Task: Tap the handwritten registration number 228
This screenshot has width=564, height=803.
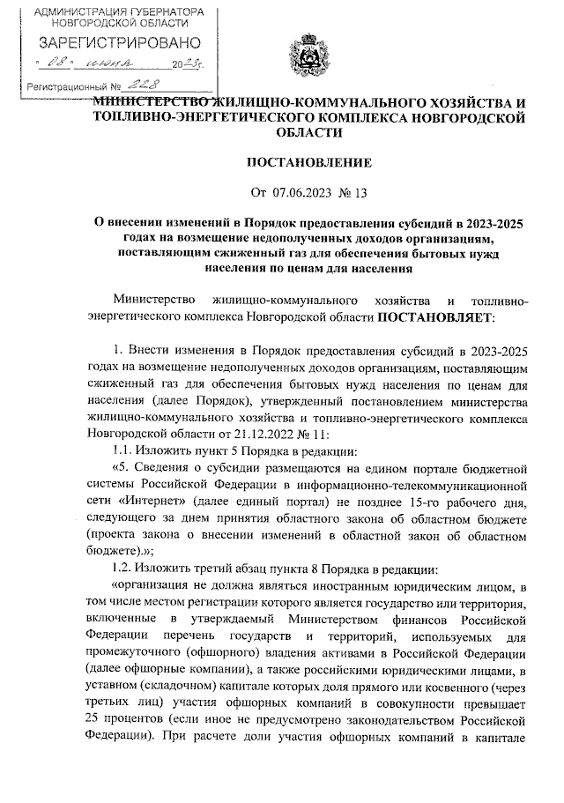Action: (x=139, y=86)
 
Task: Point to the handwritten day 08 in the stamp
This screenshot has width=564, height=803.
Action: (x=59, y=63)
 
